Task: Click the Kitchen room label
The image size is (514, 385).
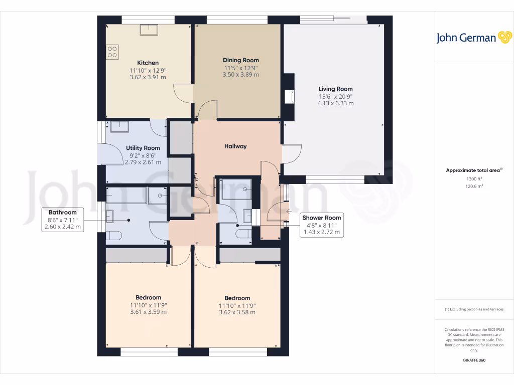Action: [148, 63]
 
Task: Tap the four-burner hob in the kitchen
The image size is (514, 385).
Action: [112, 51]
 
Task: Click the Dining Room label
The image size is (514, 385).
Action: [241, 60]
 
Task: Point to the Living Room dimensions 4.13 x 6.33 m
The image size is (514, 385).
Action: [335, 103]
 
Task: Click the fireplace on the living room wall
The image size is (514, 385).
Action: [289, 96]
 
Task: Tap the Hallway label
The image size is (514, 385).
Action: [235, 146]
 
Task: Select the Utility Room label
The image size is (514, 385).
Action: [143, 148]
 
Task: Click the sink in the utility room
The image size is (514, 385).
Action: [119, 127]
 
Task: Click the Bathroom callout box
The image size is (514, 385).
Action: [63, 220]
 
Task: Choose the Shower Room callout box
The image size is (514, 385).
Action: [321, 225]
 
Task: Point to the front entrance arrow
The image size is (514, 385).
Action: [288, 211]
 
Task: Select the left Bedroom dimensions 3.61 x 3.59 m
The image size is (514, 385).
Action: [148, 312]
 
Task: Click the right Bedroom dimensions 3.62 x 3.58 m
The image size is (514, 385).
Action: [237, 312]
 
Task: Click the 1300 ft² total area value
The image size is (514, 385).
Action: [474, 179]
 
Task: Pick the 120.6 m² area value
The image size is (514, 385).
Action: [474, 186]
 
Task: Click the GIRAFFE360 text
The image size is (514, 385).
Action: [474, 360]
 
